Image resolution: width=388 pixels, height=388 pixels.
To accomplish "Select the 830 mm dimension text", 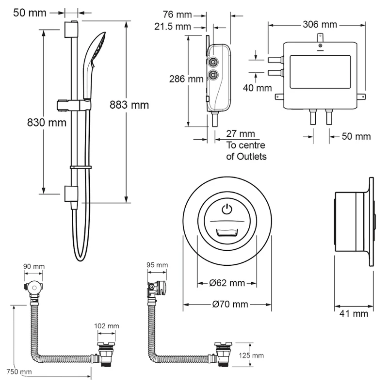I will pos(46,123).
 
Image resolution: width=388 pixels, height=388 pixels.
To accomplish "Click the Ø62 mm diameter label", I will pos(228,283).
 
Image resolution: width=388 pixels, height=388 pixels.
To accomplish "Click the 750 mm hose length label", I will pos(19,372).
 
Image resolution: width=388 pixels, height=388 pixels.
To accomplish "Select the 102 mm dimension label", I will pos(108,326).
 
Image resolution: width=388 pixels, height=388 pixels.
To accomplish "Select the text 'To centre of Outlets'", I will pos(246,151).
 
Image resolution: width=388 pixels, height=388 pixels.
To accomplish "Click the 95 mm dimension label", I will pos(157,265).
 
